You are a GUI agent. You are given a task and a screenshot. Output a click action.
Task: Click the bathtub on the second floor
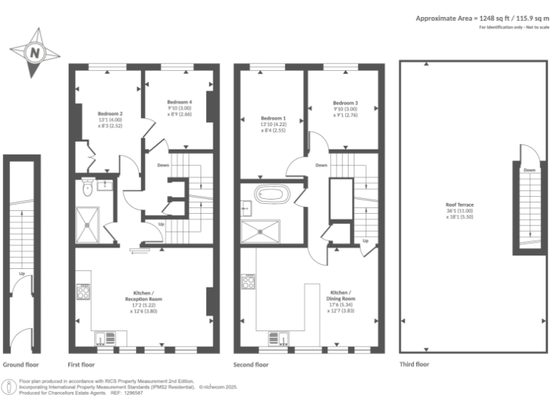[272, 194]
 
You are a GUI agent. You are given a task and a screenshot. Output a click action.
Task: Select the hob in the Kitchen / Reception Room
[83, 291]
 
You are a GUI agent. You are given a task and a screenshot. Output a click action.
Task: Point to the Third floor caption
[414, 364]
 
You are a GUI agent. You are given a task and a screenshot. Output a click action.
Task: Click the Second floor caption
[251, 364]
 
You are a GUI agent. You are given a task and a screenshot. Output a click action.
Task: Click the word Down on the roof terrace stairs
[529, 170]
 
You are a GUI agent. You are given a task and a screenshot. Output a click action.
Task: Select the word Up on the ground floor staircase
[22, 273]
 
